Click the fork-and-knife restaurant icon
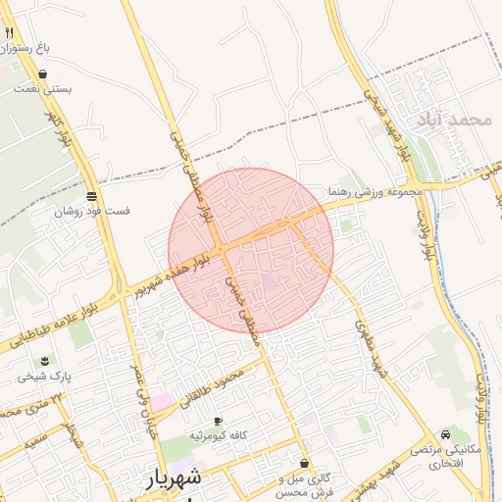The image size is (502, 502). click(10, 31)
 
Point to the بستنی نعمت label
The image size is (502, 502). click(43, 88)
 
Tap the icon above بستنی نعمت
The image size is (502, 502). click(42, 74)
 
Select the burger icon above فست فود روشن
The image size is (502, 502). click(91, 195)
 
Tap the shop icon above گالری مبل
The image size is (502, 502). click(304, 463)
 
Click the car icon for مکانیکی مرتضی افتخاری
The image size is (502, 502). click(446, 433)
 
